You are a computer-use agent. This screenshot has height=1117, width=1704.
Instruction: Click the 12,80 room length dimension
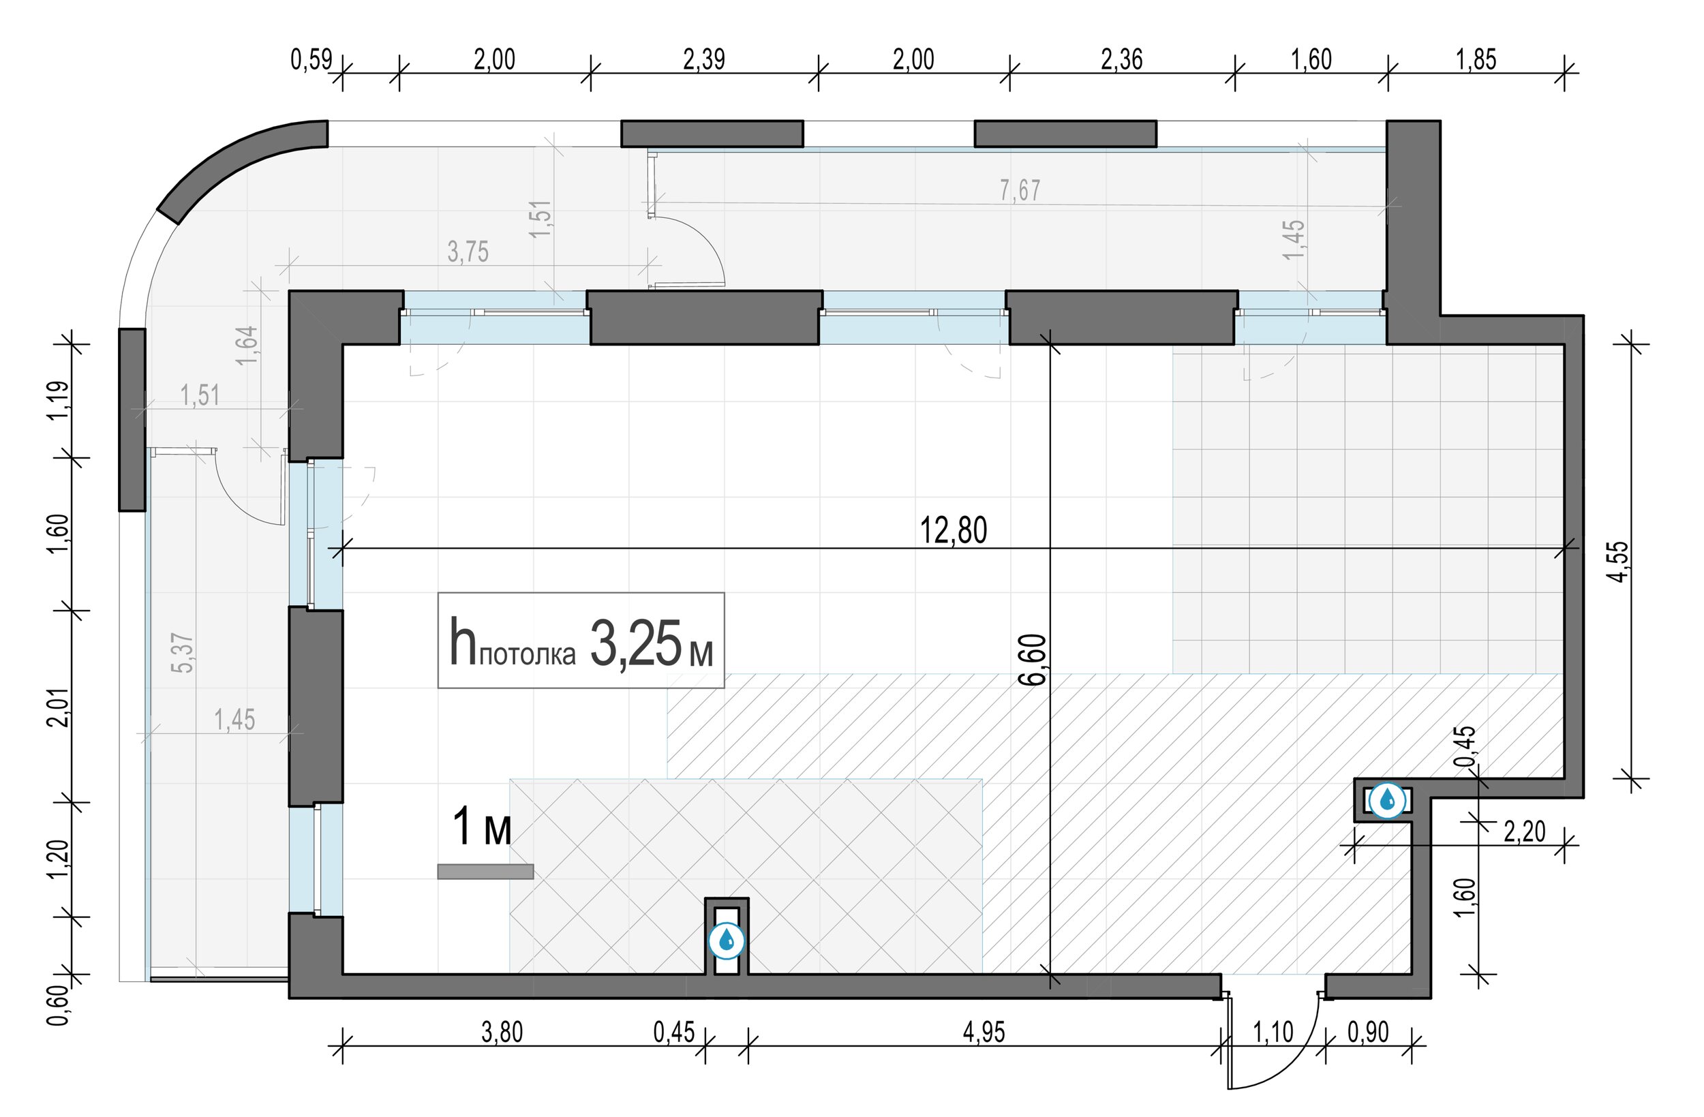[953, 531]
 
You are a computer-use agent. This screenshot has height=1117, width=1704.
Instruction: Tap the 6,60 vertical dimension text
[1035, 660]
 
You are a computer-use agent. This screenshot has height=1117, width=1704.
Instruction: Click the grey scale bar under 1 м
[485, 872]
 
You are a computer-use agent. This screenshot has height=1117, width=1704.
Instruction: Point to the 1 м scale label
[482, 826]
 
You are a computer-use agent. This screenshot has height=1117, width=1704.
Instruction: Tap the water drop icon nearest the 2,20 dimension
[1388, 800]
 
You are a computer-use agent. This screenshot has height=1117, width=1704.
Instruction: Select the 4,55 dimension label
[1620, 562]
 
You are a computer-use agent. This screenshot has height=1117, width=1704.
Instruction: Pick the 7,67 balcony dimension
[1020, 190]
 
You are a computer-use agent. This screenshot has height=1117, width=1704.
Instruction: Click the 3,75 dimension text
[468, 252]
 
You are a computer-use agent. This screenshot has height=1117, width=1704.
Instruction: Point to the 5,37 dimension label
[183, 652]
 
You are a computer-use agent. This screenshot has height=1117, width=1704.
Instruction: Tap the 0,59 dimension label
[311, 59]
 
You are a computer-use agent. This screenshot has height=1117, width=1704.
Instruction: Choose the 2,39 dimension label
[704, 59]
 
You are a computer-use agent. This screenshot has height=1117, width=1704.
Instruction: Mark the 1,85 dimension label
[1476, 59]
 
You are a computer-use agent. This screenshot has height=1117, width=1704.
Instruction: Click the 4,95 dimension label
[984, 1032]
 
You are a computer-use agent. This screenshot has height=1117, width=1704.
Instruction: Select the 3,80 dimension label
[502, 1032]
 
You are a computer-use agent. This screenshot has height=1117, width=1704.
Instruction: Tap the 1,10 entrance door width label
[1273, 1032]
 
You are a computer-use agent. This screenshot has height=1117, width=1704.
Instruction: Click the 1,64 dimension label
[245, 345]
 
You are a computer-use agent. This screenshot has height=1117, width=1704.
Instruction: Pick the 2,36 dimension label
[1121, 59]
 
